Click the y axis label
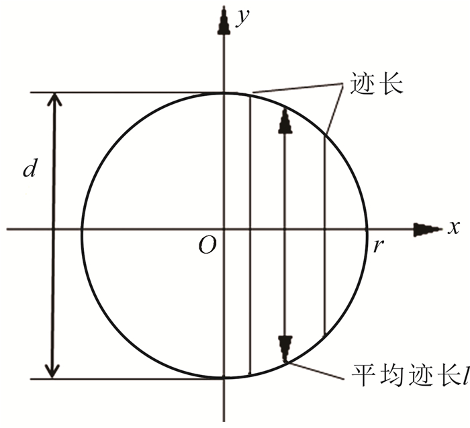click(243, 18)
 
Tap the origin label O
click(207, 247)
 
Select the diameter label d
click(29, 169)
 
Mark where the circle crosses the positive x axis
click(367, 229)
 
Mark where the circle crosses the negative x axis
click(81, 229)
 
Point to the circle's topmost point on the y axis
click(224, 93)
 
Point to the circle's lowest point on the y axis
click(224, 378)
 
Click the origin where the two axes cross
click(224, 229)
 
